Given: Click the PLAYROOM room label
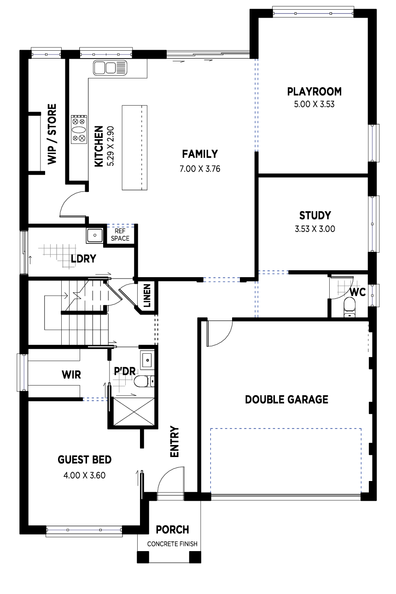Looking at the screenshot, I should (x=314, y=91).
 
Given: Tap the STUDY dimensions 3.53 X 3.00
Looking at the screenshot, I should (x=315, y=228).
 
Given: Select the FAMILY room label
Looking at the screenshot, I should (x=199, y=154).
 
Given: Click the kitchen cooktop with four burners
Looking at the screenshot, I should (x=79, y=129).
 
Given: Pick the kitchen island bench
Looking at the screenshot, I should (x=134, y=147).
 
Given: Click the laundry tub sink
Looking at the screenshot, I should (x=95, y=236).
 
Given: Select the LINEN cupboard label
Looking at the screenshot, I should (x=147, y=296).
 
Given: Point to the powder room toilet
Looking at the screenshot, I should (x=143, y=381).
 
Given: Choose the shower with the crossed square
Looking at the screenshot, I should (x=133, y=412).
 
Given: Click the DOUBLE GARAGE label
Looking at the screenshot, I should (x=286, y=399).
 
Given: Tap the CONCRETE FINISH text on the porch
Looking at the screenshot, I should (x=172, y=544).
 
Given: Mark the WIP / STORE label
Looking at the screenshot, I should (x=52, y=134).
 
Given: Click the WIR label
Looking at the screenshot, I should (x=71, y=374).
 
